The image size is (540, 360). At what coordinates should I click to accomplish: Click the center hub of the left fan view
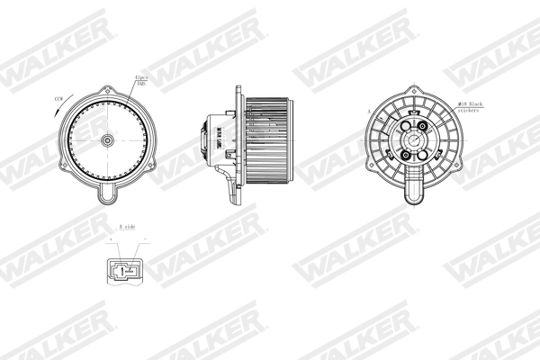click(x=108, y=140)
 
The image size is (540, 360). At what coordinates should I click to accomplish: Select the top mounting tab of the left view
click(x=107, y=87)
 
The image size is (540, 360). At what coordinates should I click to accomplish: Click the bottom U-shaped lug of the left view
click(x=107, y=193)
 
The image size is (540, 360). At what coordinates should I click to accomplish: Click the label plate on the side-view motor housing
click(x=219, y=139)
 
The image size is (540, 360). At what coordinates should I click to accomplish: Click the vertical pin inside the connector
click(x=126, y=268)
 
